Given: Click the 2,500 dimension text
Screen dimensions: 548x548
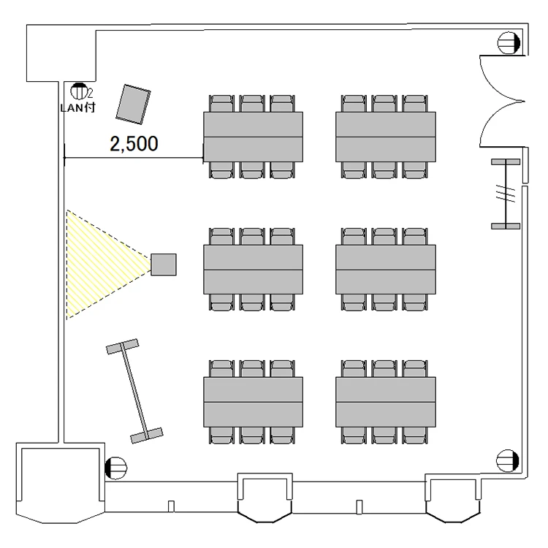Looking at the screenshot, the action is coord(134,144).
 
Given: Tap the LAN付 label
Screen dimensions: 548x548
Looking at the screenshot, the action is coord(77,107).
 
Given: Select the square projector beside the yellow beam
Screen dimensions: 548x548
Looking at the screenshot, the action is coord(164,265).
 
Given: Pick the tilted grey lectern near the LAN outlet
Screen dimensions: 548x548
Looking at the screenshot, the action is coord(133,104).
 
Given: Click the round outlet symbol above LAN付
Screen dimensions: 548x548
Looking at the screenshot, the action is coord(79,91).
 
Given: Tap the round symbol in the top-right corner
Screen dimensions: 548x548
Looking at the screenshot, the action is coord(509,42).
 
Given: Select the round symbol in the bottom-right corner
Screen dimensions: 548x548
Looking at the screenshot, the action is coord(508,460).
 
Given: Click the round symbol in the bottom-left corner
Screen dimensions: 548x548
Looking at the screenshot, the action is coord(115,468).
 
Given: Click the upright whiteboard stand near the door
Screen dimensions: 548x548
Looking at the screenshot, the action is coord(506,194).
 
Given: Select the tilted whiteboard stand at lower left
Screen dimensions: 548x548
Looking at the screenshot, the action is coord(134,392).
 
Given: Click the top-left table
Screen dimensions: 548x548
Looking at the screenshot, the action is coord(253,137).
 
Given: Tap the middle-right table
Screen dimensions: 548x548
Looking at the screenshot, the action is coord(386,270).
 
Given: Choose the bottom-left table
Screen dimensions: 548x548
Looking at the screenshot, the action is coord(253,402).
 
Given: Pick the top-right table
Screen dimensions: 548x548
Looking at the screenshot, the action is coord(386,137).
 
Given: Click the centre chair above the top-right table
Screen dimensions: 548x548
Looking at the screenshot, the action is coord(384,104).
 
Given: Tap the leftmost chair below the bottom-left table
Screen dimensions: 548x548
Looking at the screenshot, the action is coord(222,435).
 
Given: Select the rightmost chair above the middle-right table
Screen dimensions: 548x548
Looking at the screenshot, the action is coord(414,237).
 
